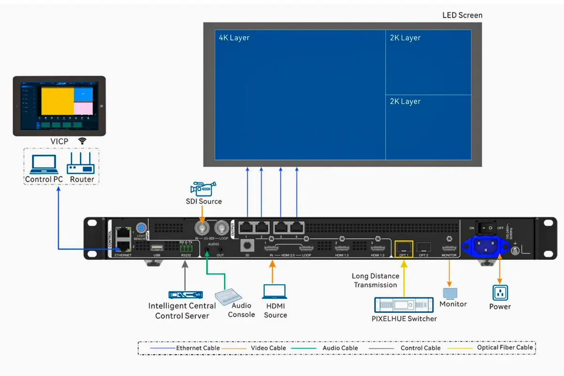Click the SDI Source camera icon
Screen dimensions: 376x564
(x=203, y=188)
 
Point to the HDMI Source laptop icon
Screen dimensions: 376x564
(x=274, y=291)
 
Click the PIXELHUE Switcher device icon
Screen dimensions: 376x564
(x=404, y=305)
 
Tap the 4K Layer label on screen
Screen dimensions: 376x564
(x=234, y=38)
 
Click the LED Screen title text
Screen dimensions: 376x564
(x=462, y=15)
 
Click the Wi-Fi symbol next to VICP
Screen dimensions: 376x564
(x=82, y=141)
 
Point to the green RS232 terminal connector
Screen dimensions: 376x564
(x=185, y=248)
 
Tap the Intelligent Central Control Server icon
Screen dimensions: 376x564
(x=186, y=294)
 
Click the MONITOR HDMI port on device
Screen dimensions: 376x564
(x=449, y=247)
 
